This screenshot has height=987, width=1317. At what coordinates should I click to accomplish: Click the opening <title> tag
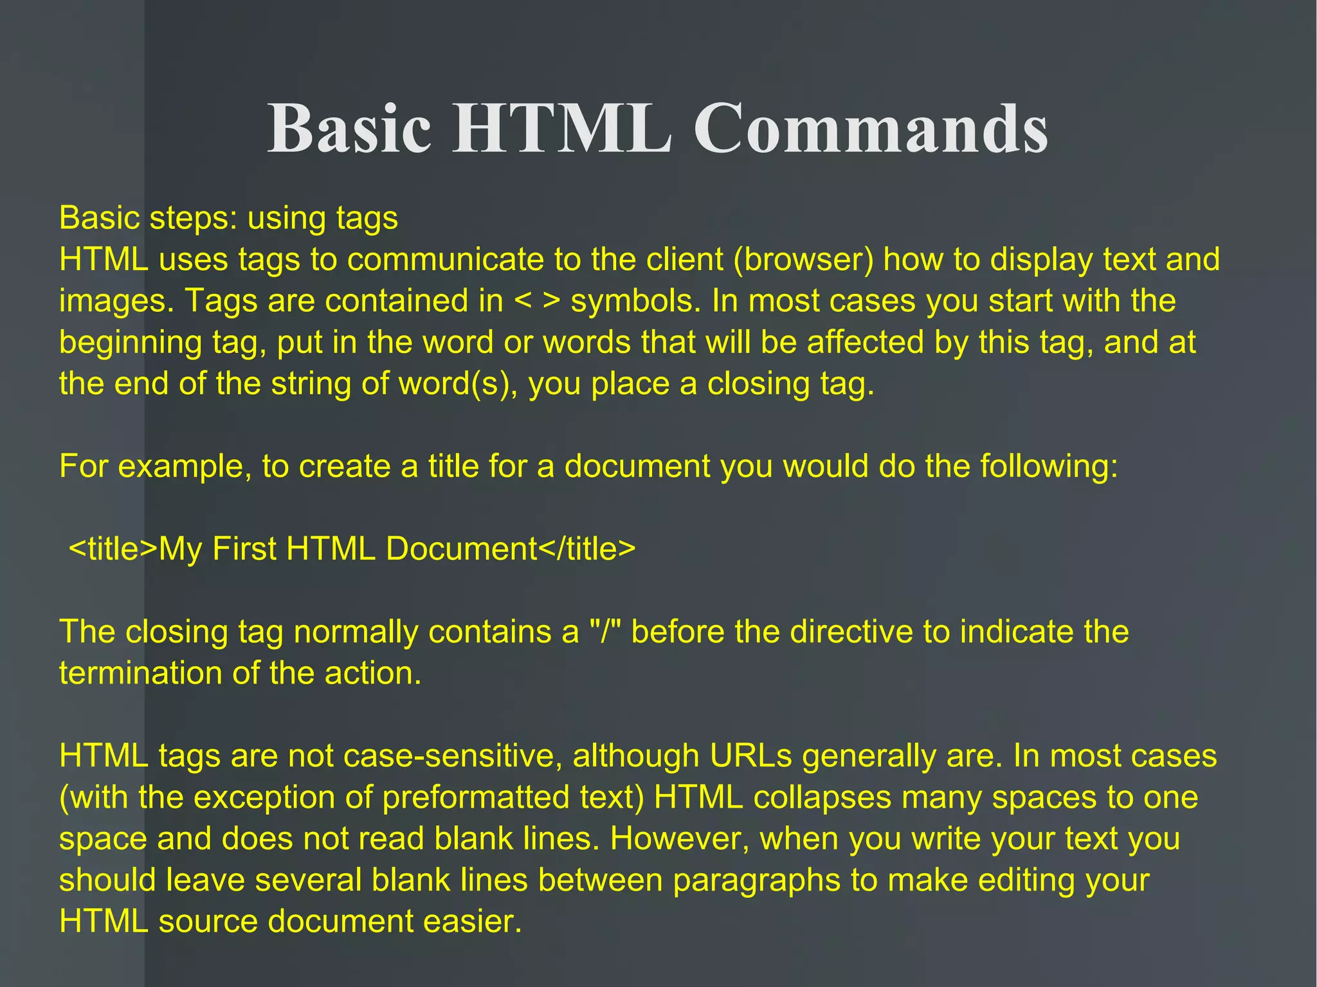pos(113,549)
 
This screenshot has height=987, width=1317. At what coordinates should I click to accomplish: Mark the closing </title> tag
pos(586,549)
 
